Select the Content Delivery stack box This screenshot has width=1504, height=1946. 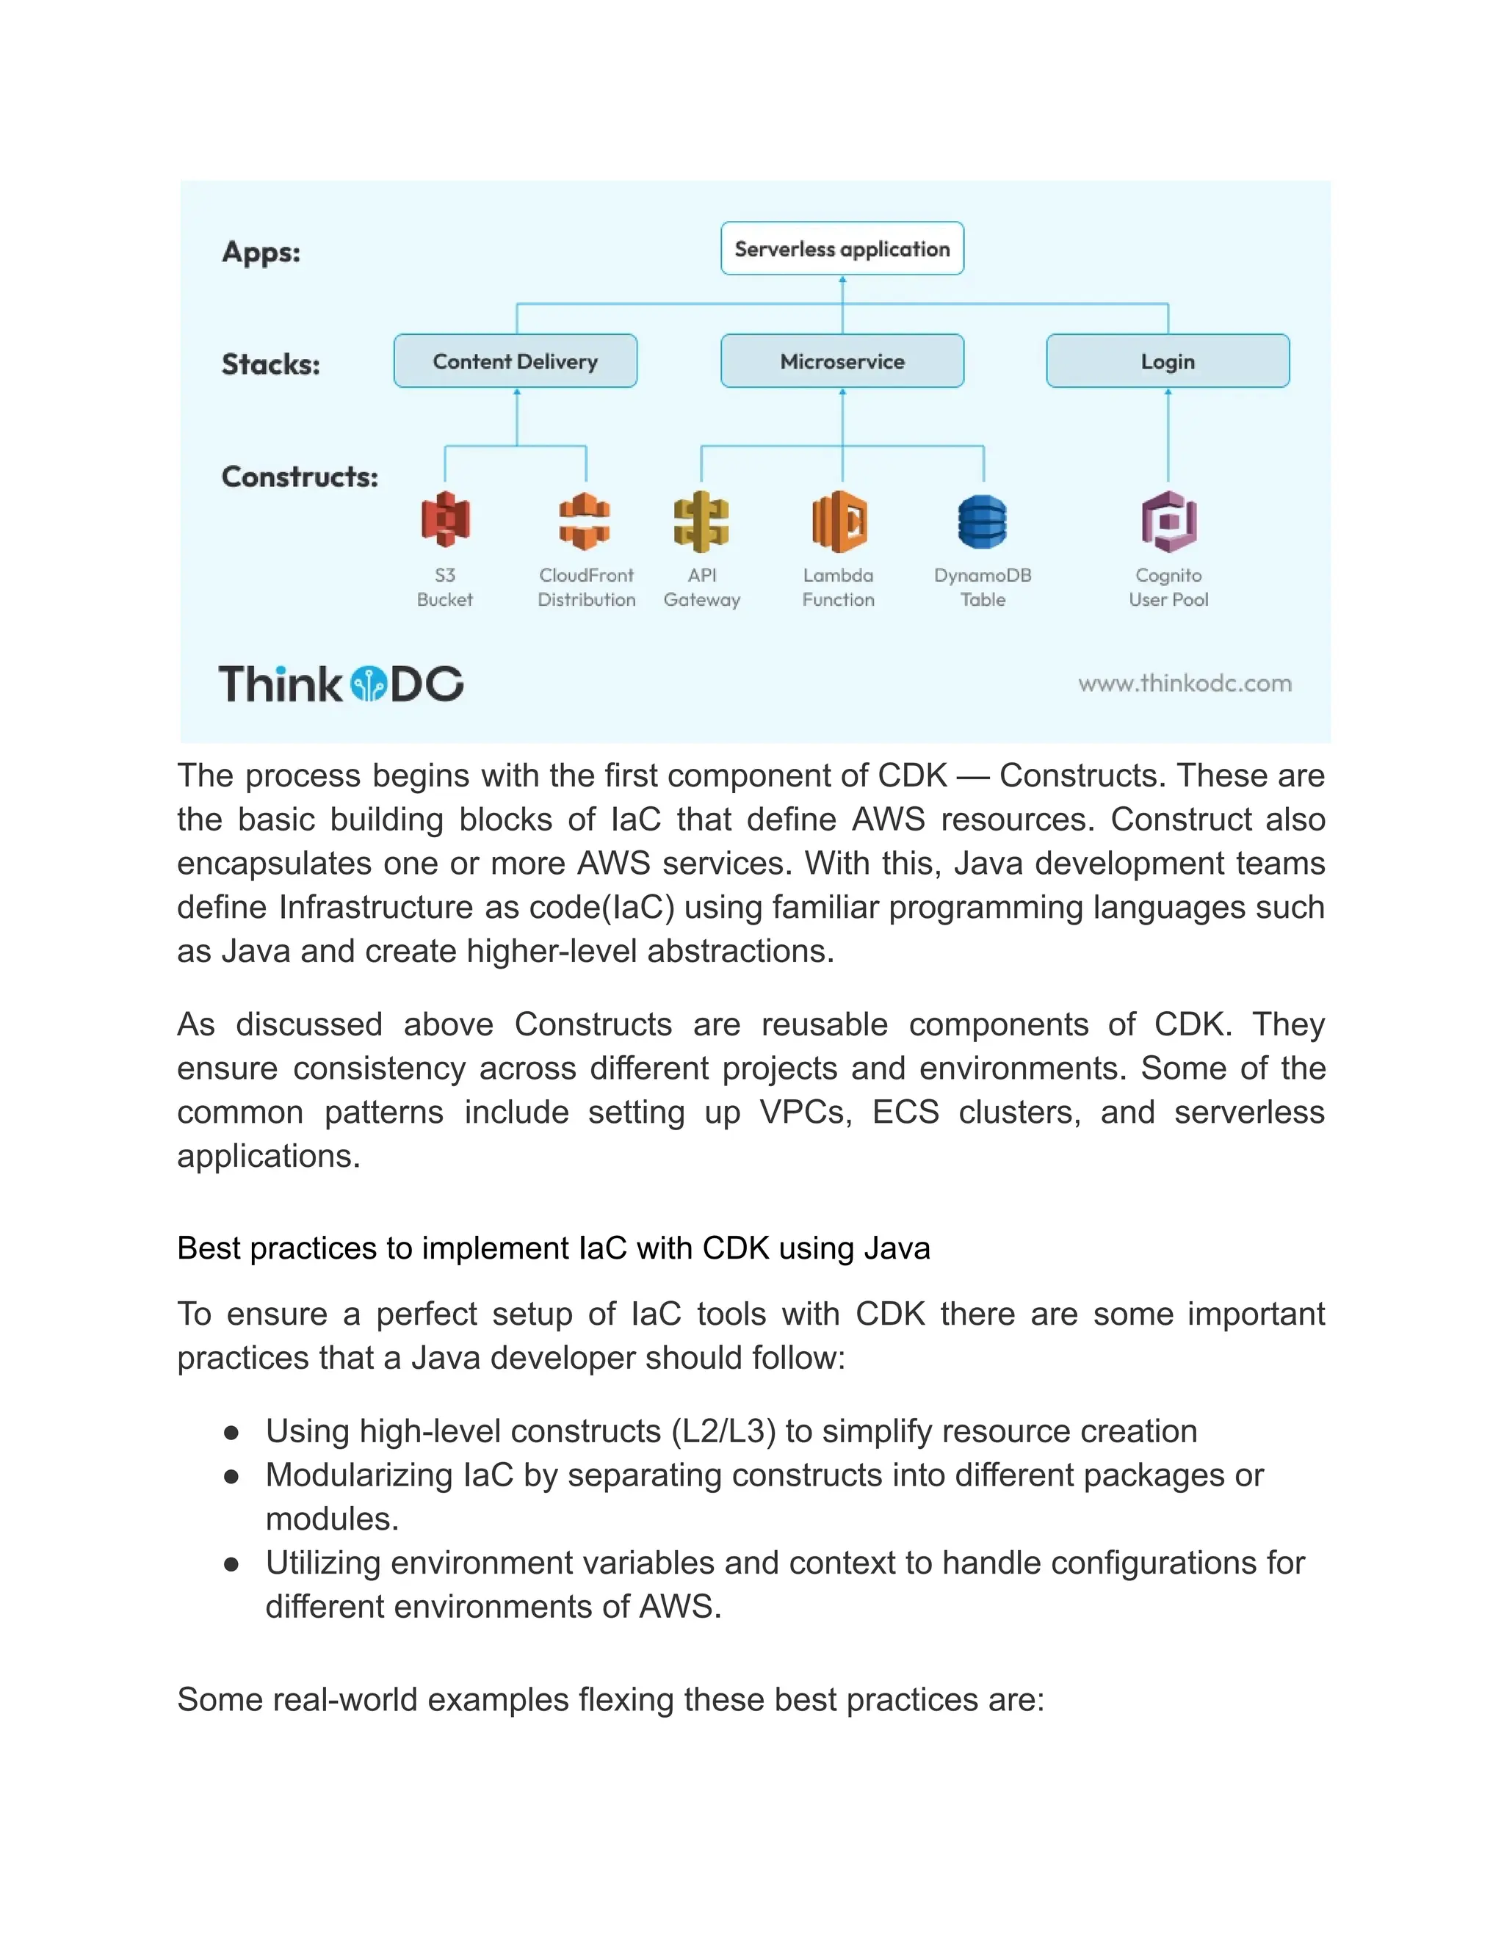pos(515,361)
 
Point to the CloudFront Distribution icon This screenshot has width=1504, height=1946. pos(585,521)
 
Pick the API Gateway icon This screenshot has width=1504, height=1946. pos(701,521)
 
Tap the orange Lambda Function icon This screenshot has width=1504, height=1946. pos(839,521)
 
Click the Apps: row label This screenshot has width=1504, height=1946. pos(261,252)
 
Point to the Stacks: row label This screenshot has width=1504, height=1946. pos(271,364)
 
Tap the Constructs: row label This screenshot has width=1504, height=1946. pos(300,477)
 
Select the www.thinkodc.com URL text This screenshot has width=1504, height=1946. pos(1184,684)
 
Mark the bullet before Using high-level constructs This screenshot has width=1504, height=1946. pos(231,1433)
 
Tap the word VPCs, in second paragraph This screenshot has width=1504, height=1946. pos(805,1113)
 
